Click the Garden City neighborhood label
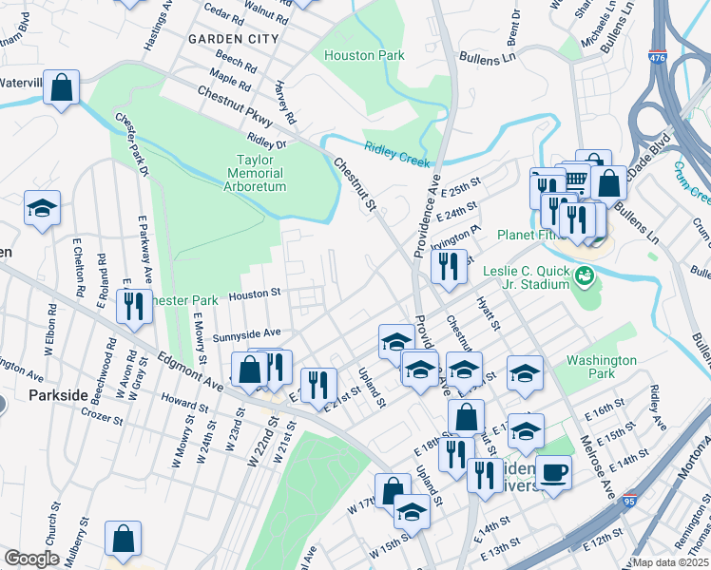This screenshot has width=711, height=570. [x=233, y=39]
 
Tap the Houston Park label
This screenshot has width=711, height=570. [x=365, y=56]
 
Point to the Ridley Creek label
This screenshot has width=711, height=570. [x=397, y=150]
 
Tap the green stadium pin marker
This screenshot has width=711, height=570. [x=584, y=277]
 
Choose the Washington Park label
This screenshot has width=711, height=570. [x=601, y=368]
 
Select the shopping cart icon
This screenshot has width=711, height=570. [x=576, y=178]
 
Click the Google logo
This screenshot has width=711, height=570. [x=31, y=559]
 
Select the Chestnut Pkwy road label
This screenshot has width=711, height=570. [x=234, y=105]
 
